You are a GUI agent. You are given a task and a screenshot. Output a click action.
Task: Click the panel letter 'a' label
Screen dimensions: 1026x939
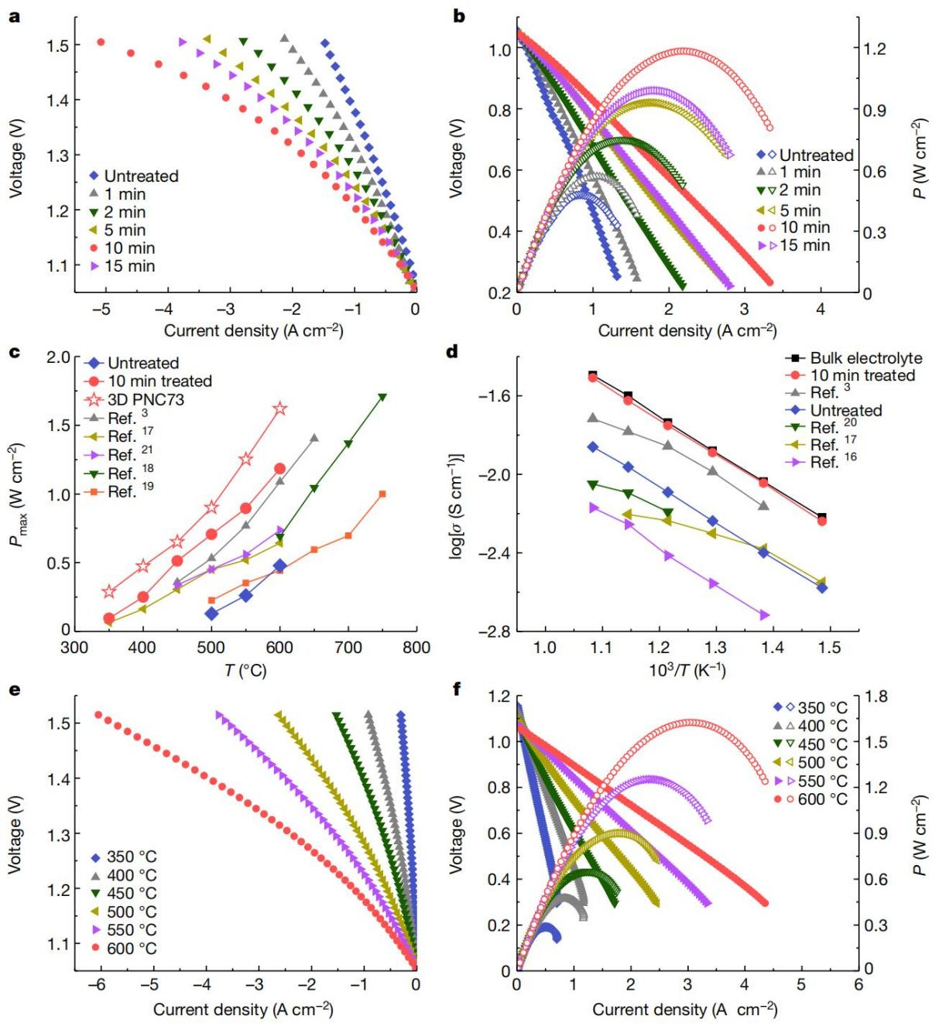14,15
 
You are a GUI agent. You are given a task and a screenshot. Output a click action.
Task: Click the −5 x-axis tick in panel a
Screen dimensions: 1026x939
101,310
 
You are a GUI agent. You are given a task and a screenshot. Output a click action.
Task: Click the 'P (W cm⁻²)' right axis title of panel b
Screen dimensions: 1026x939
920,159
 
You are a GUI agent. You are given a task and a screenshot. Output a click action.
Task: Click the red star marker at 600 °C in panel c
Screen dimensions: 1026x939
280,409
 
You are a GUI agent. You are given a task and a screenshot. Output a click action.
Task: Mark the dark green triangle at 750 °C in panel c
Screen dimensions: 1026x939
382,398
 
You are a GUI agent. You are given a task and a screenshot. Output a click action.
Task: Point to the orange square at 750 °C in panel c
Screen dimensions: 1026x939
382,494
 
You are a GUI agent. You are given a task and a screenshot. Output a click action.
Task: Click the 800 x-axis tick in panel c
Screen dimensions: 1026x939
416,648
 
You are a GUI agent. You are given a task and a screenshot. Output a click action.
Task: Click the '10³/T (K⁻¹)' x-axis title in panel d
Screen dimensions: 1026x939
687,669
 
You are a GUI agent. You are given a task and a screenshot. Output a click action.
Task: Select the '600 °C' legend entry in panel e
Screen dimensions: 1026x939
131,948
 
